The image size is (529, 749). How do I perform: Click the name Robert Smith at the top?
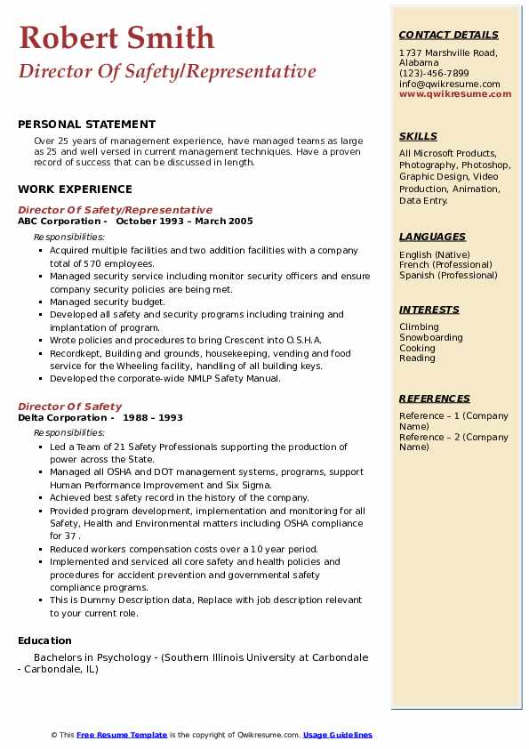point(116,37)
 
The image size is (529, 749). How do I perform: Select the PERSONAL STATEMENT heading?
point(86,125)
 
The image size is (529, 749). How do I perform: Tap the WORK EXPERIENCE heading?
point(75,189)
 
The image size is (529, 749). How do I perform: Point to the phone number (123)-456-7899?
point(434,74)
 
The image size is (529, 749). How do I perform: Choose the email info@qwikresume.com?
point(449,85)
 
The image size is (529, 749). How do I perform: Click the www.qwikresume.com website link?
point(455,94)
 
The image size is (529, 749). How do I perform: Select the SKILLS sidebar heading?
point(418,136)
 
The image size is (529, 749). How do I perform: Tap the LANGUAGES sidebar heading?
point(432,237)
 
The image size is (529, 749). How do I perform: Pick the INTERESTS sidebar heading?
point(429,310)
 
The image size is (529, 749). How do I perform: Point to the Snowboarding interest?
point(430,338)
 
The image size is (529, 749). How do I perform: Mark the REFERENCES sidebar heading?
point(435,399)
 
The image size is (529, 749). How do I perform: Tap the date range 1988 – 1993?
point(153,418)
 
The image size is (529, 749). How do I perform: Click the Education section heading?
point(44,640)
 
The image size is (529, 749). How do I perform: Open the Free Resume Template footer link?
point(122,735)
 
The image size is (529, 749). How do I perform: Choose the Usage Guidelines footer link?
point(337,735)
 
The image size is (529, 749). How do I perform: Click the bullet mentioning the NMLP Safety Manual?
point(165,379)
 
